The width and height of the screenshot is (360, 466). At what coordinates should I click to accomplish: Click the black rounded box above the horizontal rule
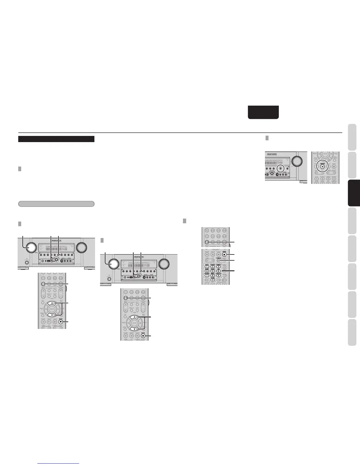pyautogui.click(x=263, y=112)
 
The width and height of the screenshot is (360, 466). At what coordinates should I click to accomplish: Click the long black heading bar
pyautogui.click(x=56, y=139)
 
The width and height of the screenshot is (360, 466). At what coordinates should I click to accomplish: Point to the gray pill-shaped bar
pyautogui.click(x=56, y=96)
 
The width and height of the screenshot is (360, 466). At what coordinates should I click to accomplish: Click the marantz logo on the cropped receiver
pyautogui.click(x=273, y=153)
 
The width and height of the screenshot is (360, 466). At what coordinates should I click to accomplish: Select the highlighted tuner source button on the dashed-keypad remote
pyautogui.click(x=207, y=242)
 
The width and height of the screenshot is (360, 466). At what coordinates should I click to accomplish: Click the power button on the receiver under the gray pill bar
pyautogui.click(x=27, y=262)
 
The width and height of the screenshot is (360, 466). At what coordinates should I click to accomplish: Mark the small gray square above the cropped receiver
pyautogui.click(x=267, y=138)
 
